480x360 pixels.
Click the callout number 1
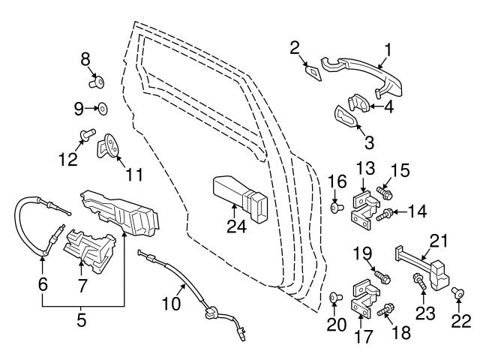(388, 49)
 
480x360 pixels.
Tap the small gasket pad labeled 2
(312, 72)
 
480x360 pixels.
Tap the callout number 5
(82, 320)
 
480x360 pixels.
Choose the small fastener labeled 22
(457, 294)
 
